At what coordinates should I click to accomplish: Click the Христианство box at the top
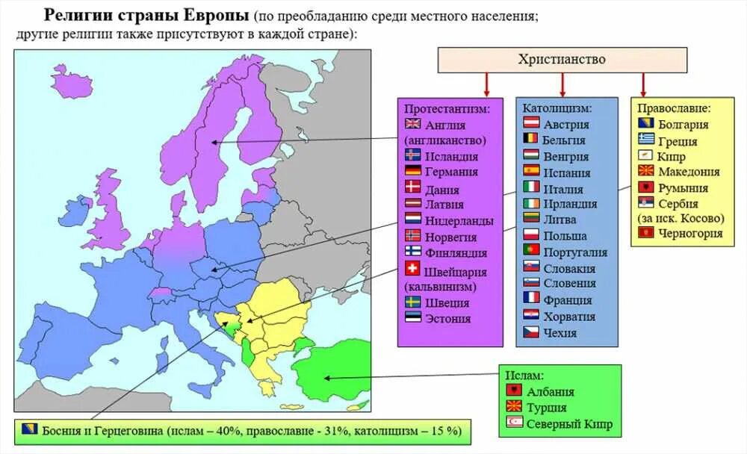(562, 60)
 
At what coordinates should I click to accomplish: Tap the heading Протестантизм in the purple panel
(447, 108)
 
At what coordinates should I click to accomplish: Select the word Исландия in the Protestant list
(451, 156)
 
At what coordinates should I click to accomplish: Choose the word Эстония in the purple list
(448, 318)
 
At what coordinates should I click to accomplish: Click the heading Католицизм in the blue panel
(557, 108)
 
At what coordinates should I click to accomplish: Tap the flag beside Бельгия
(531, 140)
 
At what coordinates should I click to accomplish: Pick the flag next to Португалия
(531, 252)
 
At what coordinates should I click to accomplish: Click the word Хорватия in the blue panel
(570, 316)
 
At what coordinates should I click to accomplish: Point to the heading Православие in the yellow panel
(675, 108)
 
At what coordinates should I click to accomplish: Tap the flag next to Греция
(646, 140)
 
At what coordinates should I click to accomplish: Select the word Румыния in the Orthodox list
(683, 188)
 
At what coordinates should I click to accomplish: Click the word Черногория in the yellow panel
(690, 233)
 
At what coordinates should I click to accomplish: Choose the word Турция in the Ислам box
(547, 408)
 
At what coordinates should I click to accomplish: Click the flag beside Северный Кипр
(514, 424)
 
